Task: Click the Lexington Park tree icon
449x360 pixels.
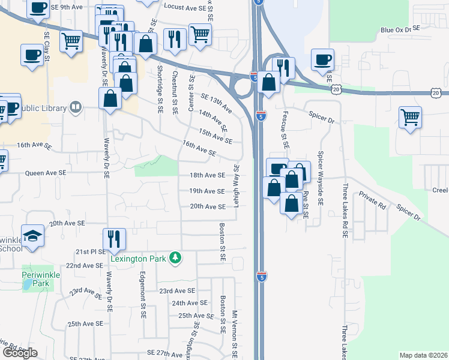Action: [175, 258]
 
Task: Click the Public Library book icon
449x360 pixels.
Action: [76, 108]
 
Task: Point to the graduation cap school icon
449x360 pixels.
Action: [32, 236]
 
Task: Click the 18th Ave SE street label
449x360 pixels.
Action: [207, 175]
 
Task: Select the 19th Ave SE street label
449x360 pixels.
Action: [207, 191]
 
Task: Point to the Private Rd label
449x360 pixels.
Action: [372, 200]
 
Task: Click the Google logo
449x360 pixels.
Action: [20, 353]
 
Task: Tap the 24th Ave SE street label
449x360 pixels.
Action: [188, 303]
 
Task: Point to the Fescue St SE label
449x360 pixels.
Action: [285, 129]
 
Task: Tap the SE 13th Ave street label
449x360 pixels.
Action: [216, 103]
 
